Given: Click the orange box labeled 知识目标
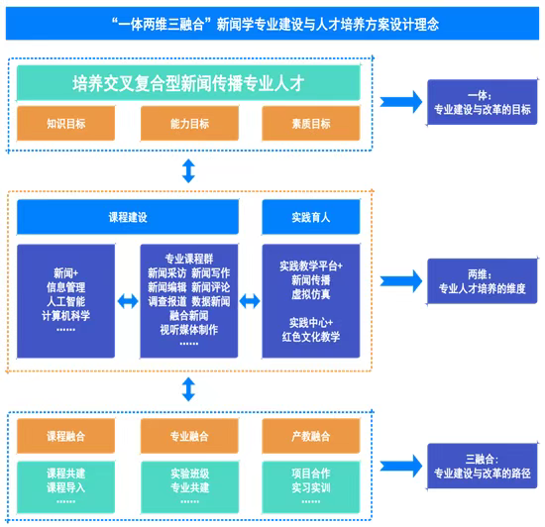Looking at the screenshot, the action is tap(65, 123).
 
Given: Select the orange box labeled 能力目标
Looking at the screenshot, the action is tap(189, 123).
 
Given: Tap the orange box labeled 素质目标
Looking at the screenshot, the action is tap(311, 123).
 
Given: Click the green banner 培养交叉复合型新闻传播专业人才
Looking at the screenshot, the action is tap(188, 83).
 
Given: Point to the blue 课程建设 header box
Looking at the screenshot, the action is tap(128, 217).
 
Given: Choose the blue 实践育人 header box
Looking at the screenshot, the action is tap(311, 217).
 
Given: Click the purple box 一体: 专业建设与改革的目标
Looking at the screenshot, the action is tap(483, 102).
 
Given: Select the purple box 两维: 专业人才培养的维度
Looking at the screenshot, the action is tap(483, 281).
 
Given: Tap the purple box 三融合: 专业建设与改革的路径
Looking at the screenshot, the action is tap(483, 466).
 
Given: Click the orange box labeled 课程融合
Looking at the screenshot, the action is tap(65, 436).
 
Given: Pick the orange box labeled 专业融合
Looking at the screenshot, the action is tap(189, 436).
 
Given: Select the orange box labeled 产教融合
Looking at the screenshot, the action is tap(311, 436).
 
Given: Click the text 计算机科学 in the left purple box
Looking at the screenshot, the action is tap(65, 315).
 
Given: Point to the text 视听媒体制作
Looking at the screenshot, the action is tap(188, 329).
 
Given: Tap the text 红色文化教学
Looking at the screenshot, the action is tap(311, 337).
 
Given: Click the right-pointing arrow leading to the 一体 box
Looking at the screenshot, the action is tap(401, 102).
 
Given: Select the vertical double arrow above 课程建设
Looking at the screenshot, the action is tap(188, 171).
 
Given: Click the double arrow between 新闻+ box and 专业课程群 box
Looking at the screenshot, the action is tap(128, 301).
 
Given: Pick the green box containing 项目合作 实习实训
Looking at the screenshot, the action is tap(311, 487).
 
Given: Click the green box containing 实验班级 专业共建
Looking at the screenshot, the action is tap(189, 487).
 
